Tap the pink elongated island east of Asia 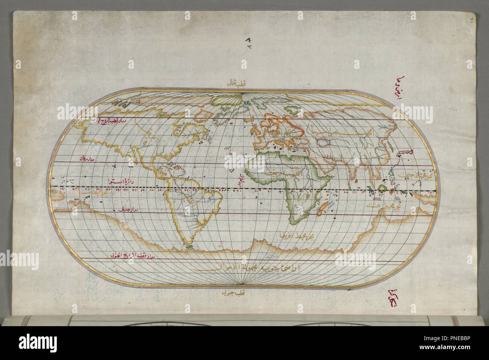tap(405, 152)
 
